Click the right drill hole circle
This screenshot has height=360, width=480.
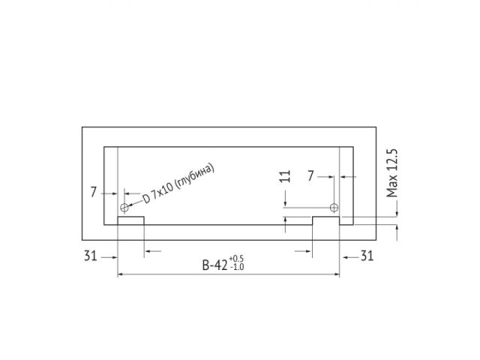pos(334,207)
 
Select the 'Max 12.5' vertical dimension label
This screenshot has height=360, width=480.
pos(390,172)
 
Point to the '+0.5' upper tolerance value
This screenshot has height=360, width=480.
pos(237,259)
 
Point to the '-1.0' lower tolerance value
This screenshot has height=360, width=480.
pos(237,268)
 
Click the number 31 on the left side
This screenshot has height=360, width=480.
pos(91,256)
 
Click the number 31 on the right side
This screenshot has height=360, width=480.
pos(367,256)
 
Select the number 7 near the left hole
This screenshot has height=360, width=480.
pos(94,192)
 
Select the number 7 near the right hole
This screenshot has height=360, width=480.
pos(311,176)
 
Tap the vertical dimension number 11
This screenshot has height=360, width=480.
pos(283,178)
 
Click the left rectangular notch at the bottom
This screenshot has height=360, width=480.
pos(130,221)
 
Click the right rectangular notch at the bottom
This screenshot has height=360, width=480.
pos(326,221)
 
